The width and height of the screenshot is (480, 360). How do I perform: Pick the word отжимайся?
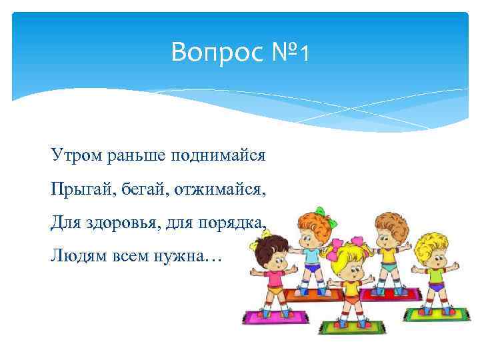click(x=220, y=191)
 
